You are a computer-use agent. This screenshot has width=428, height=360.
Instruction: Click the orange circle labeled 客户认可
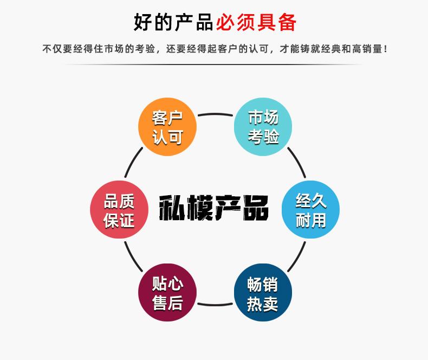tap(167, 127)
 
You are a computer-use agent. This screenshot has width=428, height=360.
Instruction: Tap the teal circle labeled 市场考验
tap(263, 127)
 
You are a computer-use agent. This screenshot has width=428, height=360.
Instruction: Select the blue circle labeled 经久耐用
tap(310, 210)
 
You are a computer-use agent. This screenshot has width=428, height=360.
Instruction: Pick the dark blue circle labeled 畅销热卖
tap(263, 293)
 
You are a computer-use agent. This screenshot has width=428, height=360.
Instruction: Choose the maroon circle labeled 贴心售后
tap(167, 293)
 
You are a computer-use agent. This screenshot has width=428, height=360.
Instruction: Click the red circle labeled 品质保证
tap(119, 210)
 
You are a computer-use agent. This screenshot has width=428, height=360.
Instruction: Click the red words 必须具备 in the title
tap(256, 23)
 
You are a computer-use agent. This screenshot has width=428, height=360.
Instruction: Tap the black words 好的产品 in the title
tap(173, 23)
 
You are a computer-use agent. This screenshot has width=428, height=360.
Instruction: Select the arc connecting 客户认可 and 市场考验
tap(215, 114)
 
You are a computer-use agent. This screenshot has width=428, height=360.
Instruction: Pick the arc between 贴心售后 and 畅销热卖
tap(215, 305)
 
